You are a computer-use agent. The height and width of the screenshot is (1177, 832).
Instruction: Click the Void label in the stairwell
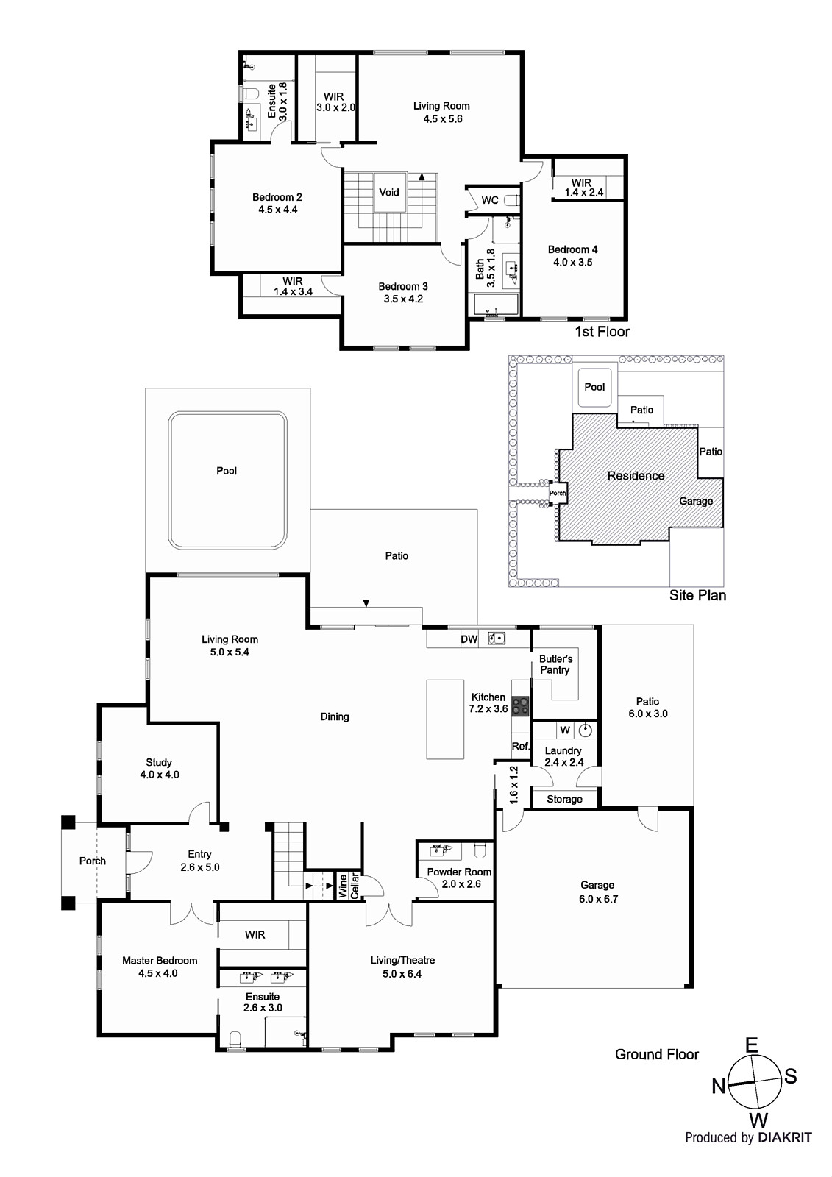389,192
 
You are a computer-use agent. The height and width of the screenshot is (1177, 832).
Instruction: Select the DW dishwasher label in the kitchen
469,639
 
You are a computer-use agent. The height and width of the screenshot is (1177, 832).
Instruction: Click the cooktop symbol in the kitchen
520,706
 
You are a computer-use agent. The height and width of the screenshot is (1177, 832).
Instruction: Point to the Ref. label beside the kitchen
521,746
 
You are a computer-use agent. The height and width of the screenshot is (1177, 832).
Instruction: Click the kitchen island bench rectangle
445,719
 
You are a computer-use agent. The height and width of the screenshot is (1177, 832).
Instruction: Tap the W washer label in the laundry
565,730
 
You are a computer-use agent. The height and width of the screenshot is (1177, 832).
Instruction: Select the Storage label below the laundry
564,799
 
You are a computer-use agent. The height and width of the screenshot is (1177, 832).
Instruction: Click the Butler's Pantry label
555,664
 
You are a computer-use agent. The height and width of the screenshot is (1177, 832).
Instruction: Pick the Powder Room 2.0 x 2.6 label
459,878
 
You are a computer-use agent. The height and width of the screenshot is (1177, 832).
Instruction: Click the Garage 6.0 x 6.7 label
597,892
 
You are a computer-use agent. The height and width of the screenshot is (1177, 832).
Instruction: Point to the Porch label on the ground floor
92,861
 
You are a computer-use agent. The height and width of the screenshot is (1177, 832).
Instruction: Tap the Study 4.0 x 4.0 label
159,768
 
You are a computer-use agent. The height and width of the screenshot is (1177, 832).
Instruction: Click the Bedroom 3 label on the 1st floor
403,292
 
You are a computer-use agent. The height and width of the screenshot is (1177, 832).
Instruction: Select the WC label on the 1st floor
490,200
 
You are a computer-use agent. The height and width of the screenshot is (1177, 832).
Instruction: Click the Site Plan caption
697,595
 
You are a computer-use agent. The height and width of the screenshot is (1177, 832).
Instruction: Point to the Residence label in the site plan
636,476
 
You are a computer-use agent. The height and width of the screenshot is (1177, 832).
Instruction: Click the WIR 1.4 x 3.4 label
292,286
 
